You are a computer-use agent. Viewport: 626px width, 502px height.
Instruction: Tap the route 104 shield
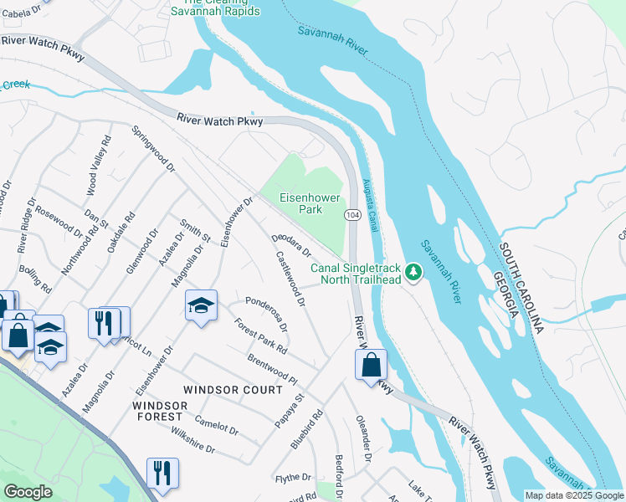click(x=352, y=215)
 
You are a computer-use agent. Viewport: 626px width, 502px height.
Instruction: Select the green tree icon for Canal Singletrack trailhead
click(x=413, y=272)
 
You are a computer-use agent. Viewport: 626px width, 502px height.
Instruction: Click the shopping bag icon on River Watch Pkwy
click(x=371, y=366)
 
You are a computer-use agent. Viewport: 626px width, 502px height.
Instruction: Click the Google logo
click(x=28, y=492)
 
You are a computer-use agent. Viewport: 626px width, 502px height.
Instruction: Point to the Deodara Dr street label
click(x=292, y=245)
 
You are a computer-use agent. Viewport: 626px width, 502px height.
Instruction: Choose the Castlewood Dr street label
click(x=290, y=280)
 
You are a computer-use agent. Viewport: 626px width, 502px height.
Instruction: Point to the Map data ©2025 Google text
click(x=573, y=495)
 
